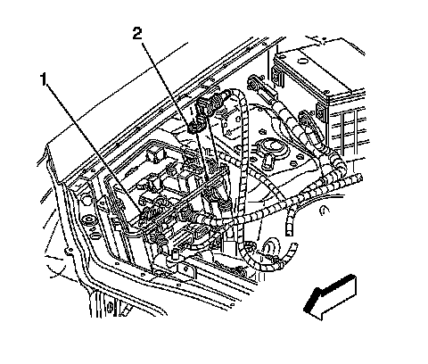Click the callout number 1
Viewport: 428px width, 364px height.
point(44,79)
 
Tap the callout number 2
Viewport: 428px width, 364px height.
point(137,33)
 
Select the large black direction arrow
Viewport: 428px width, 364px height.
point(330,297)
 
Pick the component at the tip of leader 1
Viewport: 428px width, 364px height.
point(150,213)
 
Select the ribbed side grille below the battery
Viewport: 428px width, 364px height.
point(350,128)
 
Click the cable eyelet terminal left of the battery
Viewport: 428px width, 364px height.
point(253,83)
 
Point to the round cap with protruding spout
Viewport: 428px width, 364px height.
point(269,150)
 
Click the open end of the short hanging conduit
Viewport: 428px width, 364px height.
point(288,232)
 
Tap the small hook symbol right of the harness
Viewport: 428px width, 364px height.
point(324,211)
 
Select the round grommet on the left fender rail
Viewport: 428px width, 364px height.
point(89,222)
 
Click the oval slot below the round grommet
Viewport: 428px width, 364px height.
point(95,236)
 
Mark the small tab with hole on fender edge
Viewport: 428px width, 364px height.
point(70,252)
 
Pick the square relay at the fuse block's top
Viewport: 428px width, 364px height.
point(154,153)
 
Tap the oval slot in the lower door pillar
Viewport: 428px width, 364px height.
point(110,306)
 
